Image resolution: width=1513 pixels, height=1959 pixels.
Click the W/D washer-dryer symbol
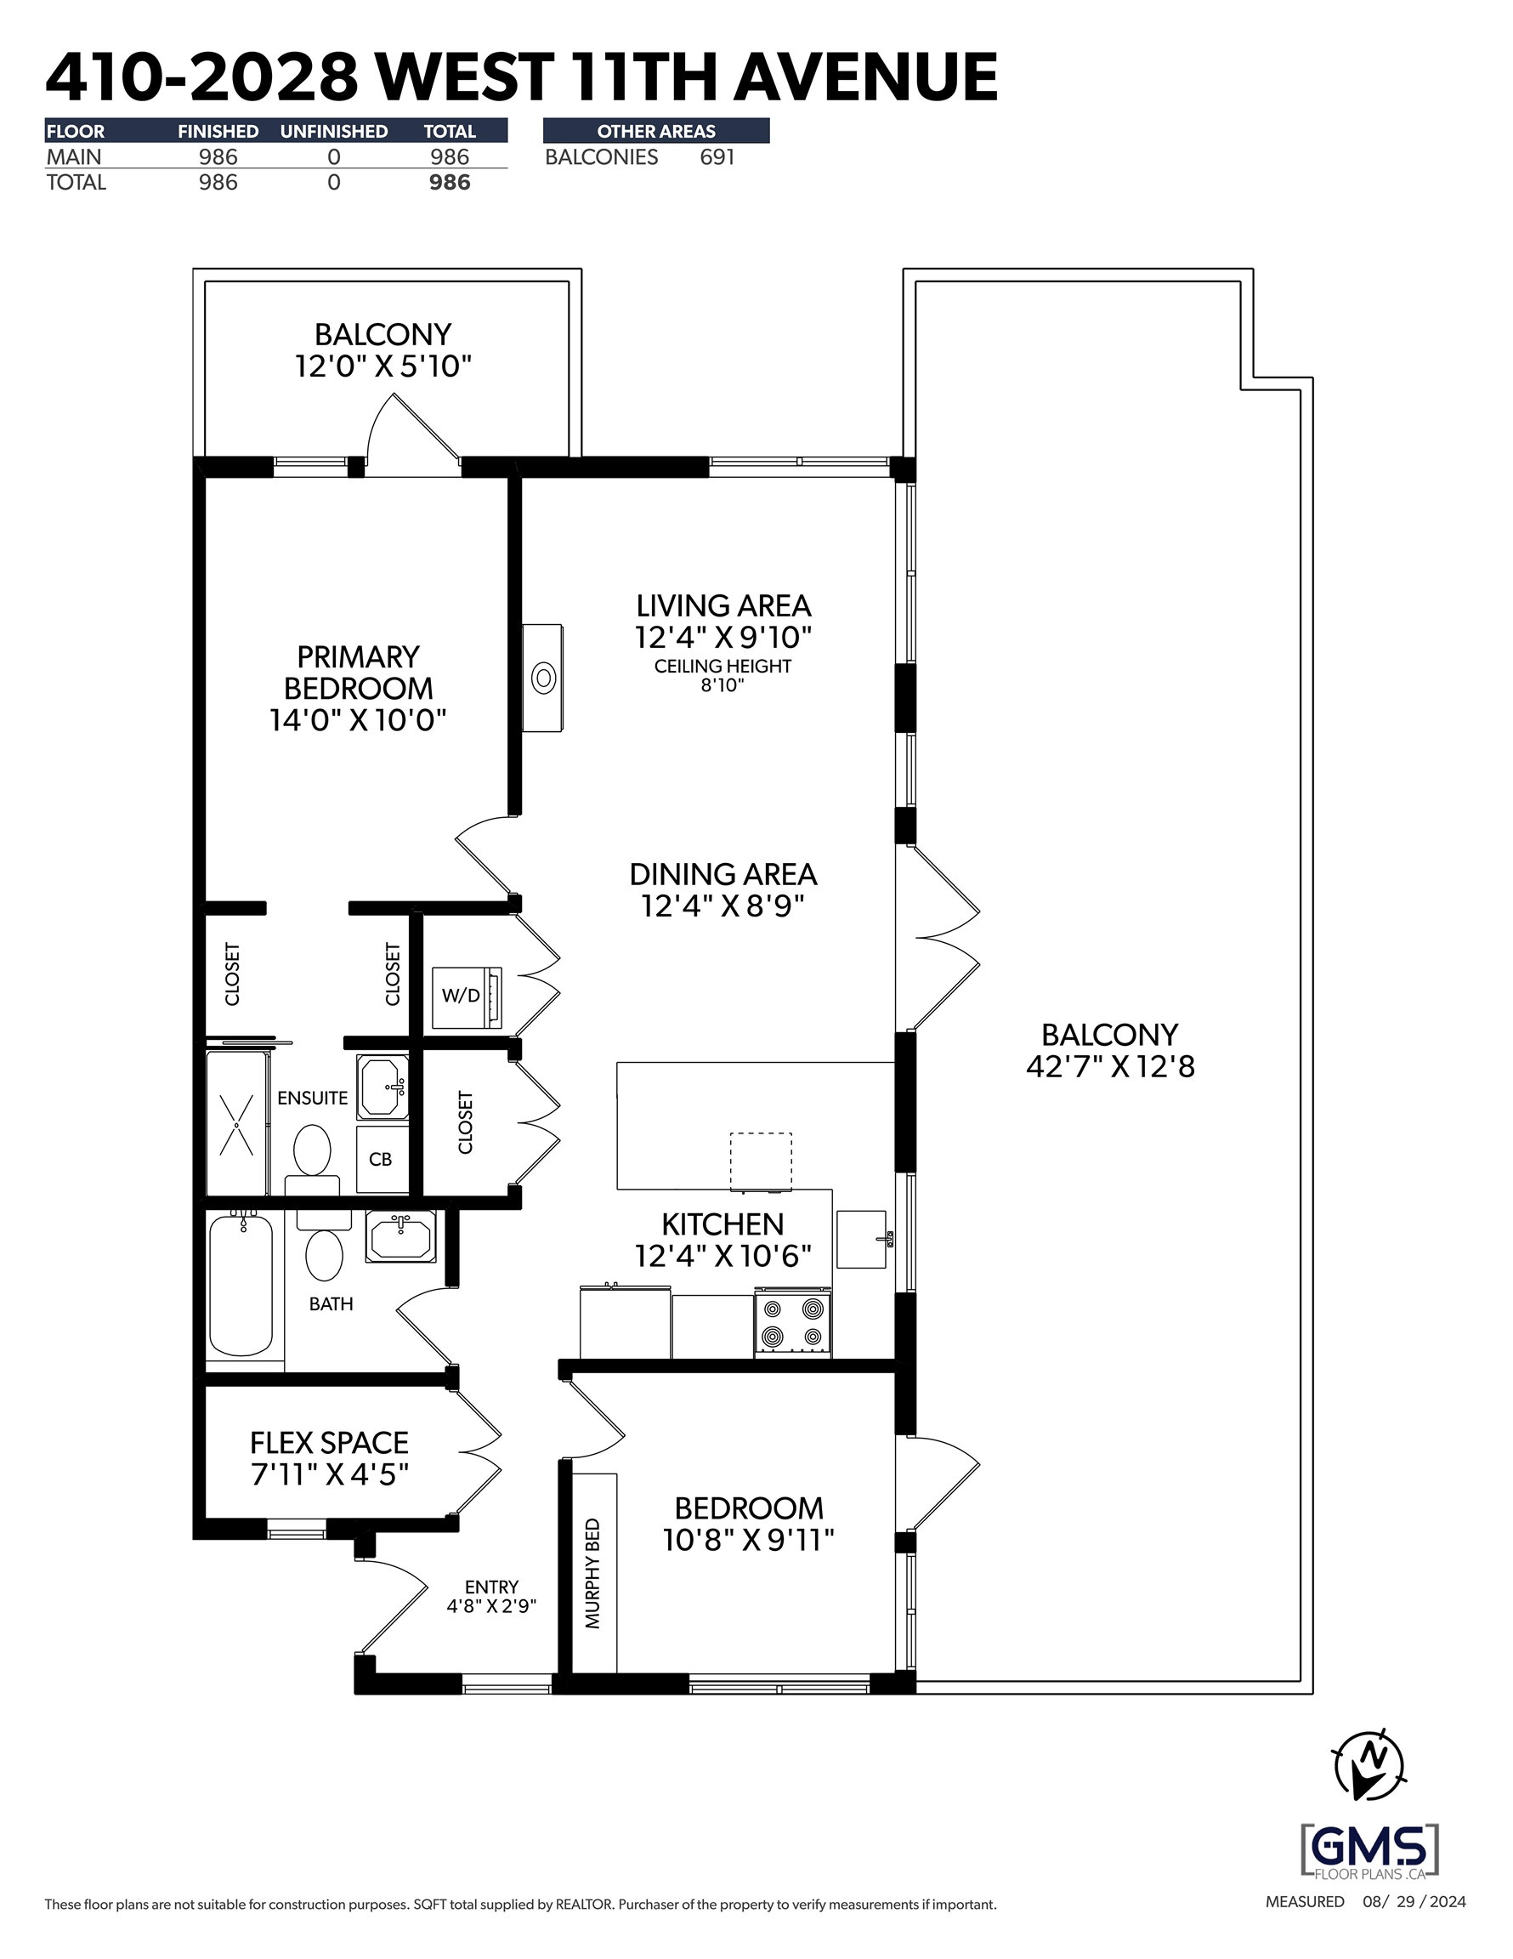[x=467, y=997]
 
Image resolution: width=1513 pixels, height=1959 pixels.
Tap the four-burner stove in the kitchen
[x=793, y=1324]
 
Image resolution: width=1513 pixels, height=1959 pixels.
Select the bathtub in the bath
[x=241, y=1286]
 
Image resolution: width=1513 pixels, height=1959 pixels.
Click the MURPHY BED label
[x=592, y=1573]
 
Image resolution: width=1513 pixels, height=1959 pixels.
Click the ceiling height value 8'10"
[x=722, y=685]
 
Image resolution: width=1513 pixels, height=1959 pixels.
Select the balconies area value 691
[x=717, y=157]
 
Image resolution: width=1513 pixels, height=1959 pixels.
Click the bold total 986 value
[x=450, y=182]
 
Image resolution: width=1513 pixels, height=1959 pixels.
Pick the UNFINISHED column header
[x=334, y=131]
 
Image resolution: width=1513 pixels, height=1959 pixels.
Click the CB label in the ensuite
[x=380, y=1159]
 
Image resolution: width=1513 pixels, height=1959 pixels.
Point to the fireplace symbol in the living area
[x=543, y=679]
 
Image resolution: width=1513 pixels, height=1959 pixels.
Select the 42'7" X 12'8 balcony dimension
[x=1110, y=1066]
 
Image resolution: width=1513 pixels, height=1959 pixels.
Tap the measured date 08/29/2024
[x=1414, y=1926]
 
